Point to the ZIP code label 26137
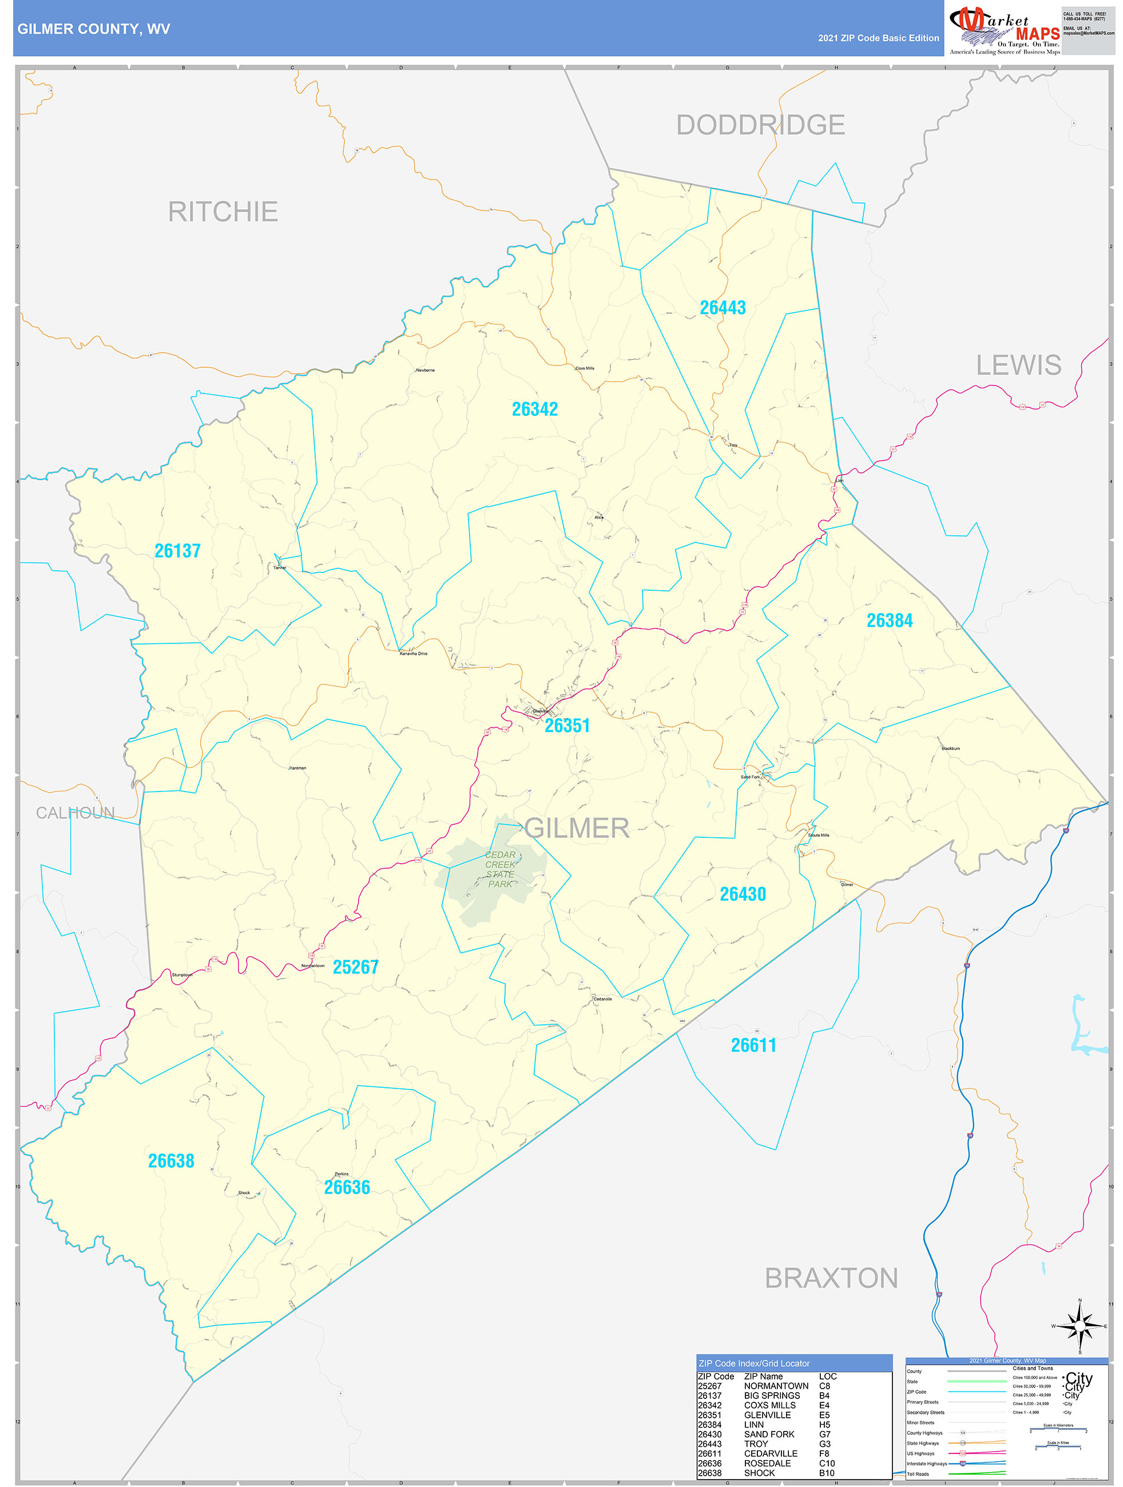177,551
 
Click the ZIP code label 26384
889,621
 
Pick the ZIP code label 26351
567,725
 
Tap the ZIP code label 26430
743,894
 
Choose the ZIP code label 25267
356,967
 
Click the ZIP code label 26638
171,1161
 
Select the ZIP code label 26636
347,1187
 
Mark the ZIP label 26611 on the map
753,1045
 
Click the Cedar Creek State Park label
501,869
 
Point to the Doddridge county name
760,125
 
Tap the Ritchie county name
223,212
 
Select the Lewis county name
1018,365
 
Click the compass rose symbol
1080,1326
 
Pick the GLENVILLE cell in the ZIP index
767,1415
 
